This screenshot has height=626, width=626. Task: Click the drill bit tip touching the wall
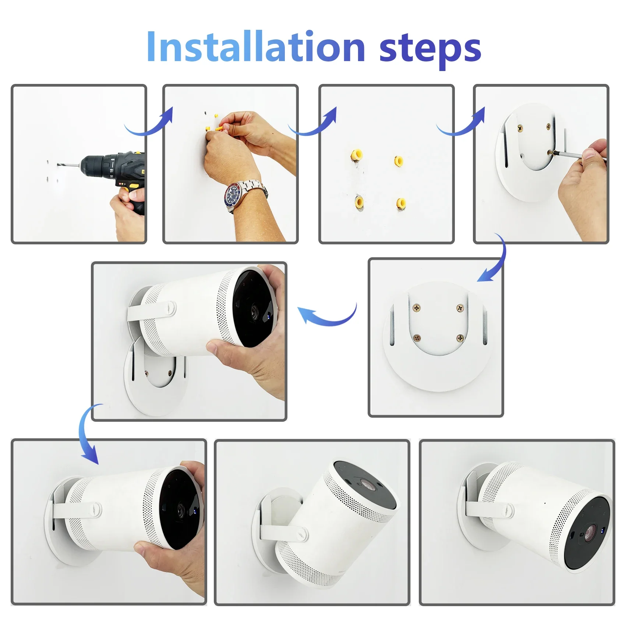click(58, 164)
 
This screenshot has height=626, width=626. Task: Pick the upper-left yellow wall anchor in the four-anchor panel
click(356, 155)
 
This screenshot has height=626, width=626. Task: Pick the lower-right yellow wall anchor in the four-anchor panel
click(401, 204)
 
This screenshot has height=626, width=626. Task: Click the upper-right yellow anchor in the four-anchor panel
click(399, 161)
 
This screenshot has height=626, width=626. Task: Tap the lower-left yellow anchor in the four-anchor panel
click(359, 202)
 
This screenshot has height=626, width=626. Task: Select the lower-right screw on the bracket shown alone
click(460, 338)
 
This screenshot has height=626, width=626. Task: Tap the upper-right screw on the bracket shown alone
click(460, 308)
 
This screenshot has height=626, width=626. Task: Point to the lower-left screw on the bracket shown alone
click(417, 337)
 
